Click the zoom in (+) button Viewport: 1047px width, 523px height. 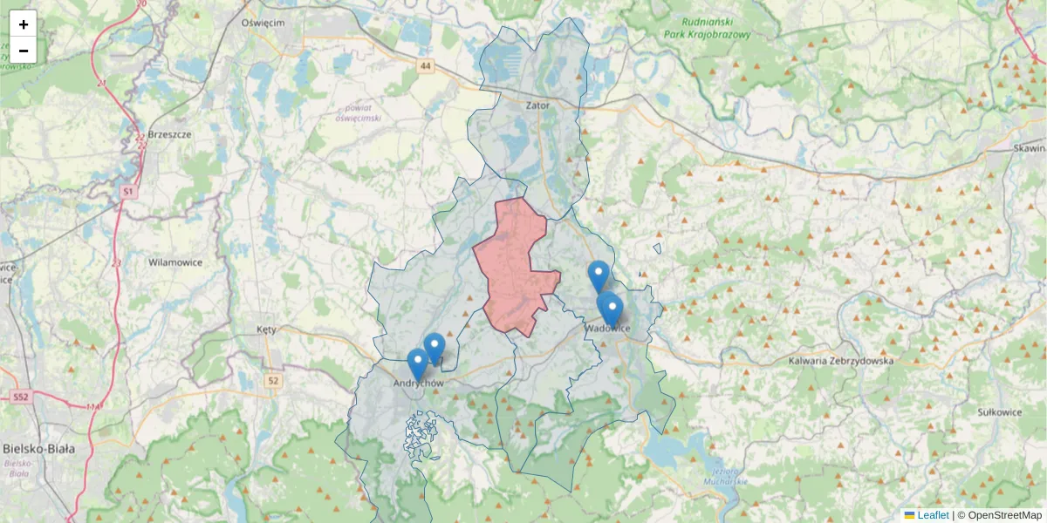coord(24,24)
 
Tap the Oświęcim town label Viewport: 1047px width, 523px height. coord(263,24)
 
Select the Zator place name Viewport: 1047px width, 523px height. coord(538,105)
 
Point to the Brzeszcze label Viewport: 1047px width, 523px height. coord(170,135)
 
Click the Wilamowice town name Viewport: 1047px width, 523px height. coord(175,261)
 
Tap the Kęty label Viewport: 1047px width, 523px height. coord(267,330)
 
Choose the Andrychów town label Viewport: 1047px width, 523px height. coord(419,384)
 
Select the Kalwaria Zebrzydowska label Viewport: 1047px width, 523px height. coord(841,360)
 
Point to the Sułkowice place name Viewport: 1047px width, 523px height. coord(999,411)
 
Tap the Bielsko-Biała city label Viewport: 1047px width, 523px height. coord(38,449)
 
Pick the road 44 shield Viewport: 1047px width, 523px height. coord(425,66)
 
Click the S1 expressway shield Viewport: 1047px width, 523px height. coord(128,190)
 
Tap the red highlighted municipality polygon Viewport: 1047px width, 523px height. coord(515,261)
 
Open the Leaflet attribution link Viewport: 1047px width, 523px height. coord(931,515)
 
